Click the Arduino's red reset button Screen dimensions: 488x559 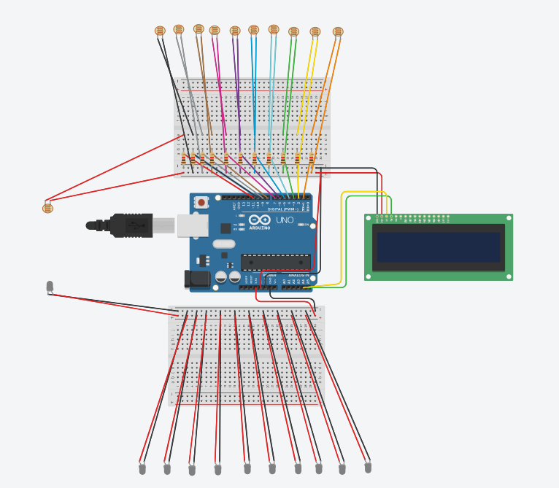201,202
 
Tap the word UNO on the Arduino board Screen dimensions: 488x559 285,220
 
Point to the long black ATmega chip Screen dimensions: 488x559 276,261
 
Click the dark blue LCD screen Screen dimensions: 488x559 438,247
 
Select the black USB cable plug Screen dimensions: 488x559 131,225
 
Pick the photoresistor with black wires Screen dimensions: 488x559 161,31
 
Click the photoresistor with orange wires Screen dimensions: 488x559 337,31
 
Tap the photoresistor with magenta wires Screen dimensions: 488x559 214,30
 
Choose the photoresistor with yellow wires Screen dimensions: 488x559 315,31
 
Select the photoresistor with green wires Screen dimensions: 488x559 293,31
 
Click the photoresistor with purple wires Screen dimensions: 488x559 234,31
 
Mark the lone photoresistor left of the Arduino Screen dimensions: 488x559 48,208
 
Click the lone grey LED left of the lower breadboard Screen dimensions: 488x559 50,286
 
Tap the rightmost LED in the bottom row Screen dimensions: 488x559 367,465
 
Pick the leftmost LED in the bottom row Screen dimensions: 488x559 142,468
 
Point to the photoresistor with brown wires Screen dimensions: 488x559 198,28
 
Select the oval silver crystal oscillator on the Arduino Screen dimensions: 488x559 224,244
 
